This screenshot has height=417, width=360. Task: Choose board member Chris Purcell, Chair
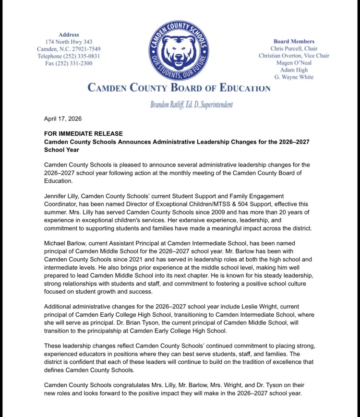click(294, 48)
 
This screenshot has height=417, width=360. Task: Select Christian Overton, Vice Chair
click(294, 56)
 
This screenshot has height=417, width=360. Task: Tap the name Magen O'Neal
click(294, 63)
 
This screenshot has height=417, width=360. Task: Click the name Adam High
click(294, 70)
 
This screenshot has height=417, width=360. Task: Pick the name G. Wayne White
click(294, 77)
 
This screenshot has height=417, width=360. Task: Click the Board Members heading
click(294, 41)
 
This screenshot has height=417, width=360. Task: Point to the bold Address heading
click(68, 35)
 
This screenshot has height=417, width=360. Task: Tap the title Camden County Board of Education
click(179, 88)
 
